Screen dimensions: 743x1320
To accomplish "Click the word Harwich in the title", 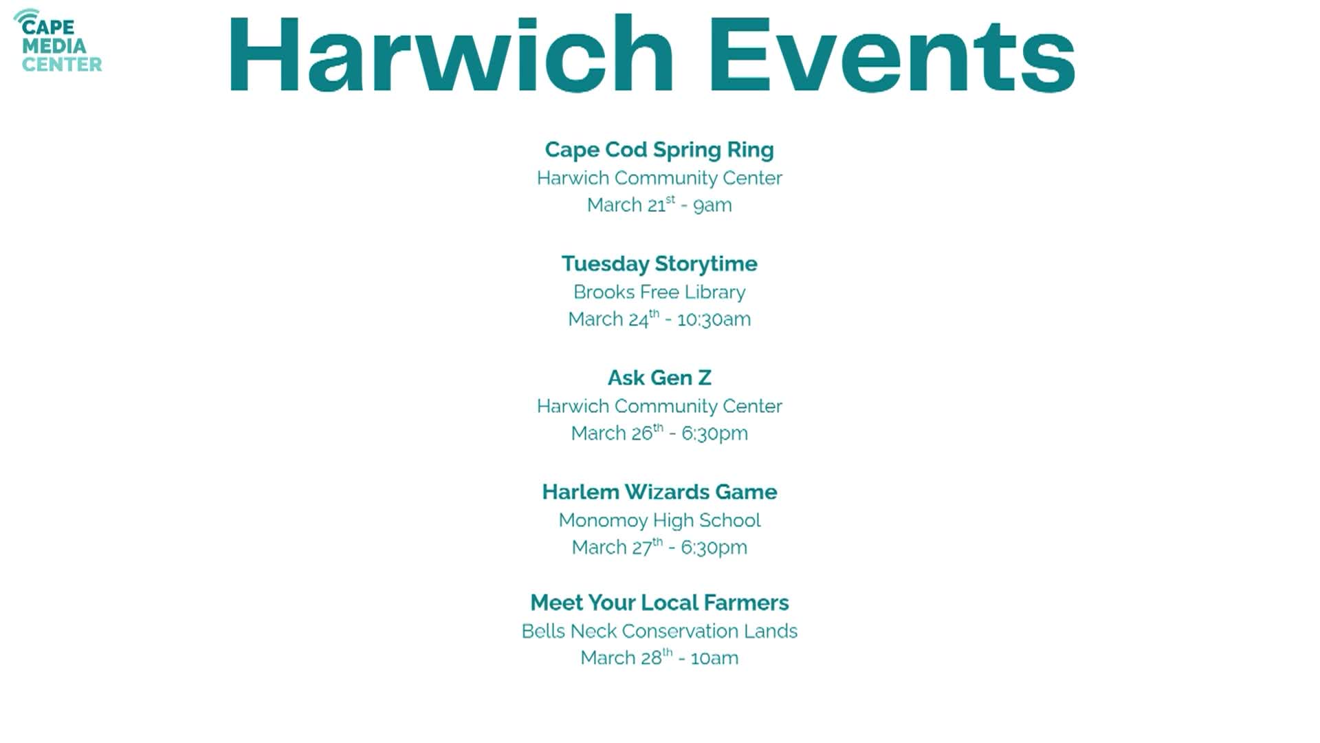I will [x=450, y=55].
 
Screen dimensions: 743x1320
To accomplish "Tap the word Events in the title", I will [x=892, y=55].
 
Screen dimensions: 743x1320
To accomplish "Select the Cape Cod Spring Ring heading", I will [x=659, y=150].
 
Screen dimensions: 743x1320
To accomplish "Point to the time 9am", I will [x=712, y=205].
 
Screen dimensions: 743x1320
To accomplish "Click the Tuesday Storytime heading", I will [x=659, y=264].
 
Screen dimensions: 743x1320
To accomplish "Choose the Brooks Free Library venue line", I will [x=659, y=292].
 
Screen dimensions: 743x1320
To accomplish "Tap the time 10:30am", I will [x=714, y=319].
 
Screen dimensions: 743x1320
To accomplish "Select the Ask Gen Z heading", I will [x=659, y=378].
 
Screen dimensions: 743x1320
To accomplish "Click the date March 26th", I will [x=617, y=433].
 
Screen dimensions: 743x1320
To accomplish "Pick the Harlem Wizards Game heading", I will [x=659, y=492].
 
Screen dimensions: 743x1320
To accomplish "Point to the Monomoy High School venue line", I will [x=659, y=520].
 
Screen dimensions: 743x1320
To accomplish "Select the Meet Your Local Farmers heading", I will [x=659, y=603].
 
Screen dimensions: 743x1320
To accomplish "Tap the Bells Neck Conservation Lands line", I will [x=659, y=631].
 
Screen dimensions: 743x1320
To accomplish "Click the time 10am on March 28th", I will [x=714, y=658].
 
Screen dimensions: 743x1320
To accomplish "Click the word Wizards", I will [x=667, y=492].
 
